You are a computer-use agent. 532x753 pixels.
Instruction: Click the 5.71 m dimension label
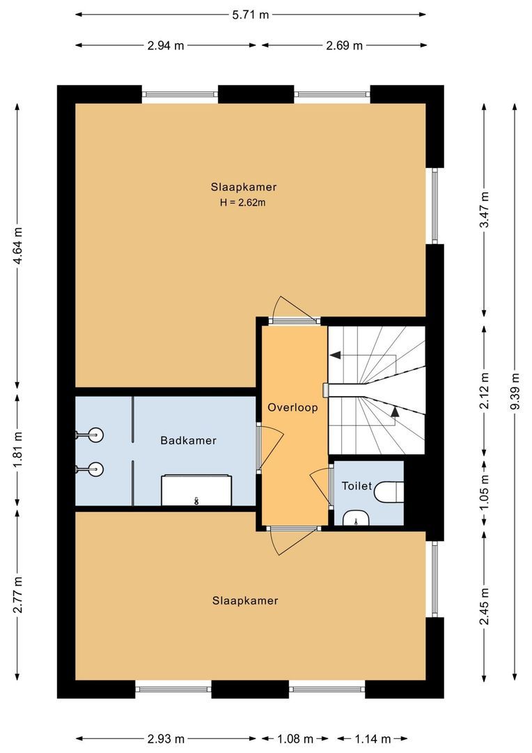coord(249,15)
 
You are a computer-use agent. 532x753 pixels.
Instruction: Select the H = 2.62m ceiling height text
coord(244,203)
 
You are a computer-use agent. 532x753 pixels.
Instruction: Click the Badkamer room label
coord(188,441)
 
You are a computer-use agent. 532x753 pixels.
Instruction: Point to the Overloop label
coord(293,407)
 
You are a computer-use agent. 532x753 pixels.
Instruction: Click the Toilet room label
coord(357,486)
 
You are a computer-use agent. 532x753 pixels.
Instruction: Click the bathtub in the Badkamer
coord(197,490)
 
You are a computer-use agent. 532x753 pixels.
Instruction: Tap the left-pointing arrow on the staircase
coord(335,356)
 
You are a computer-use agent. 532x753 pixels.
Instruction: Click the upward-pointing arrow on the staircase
coord(395,411)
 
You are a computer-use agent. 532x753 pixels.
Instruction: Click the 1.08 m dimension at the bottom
coord(296,738)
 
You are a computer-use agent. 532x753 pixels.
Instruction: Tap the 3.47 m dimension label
coord(485,206)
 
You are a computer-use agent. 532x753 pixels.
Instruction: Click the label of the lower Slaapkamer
coord(245,600)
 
